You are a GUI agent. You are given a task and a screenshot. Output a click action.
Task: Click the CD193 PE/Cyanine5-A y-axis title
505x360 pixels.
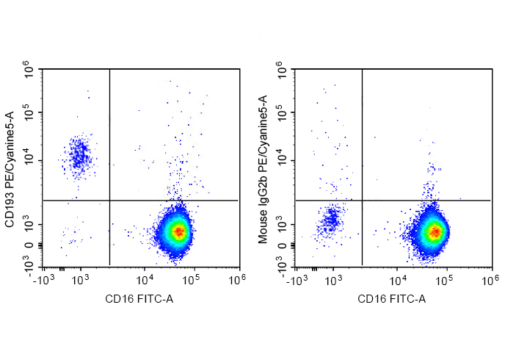point(10,168)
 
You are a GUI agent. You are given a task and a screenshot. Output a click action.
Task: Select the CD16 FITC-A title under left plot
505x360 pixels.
point(139,299)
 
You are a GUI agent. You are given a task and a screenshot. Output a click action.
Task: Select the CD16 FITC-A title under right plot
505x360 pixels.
point(391,299)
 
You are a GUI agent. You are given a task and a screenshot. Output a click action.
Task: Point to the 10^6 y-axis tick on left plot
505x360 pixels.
point(29,71)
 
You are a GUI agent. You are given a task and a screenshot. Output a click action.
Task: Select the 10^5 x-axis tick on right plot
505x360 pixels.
point(445,279)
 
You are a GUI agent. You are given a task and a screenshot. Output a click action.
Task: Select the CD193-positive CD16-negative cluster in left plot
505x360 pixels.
point(79,156)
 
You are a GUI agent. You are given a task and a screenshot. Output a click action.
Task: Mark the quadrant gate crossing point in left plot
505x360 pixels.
point(109,200)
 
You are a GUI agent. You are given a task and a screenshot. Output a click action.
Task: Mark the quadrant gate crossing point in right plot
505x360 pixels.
point(362,200)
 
